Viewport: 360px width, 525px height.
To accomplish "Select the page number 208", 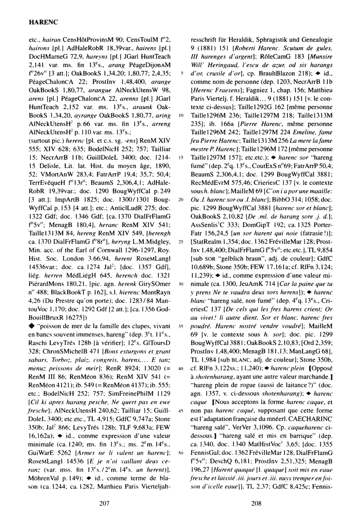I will point(256,504).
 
